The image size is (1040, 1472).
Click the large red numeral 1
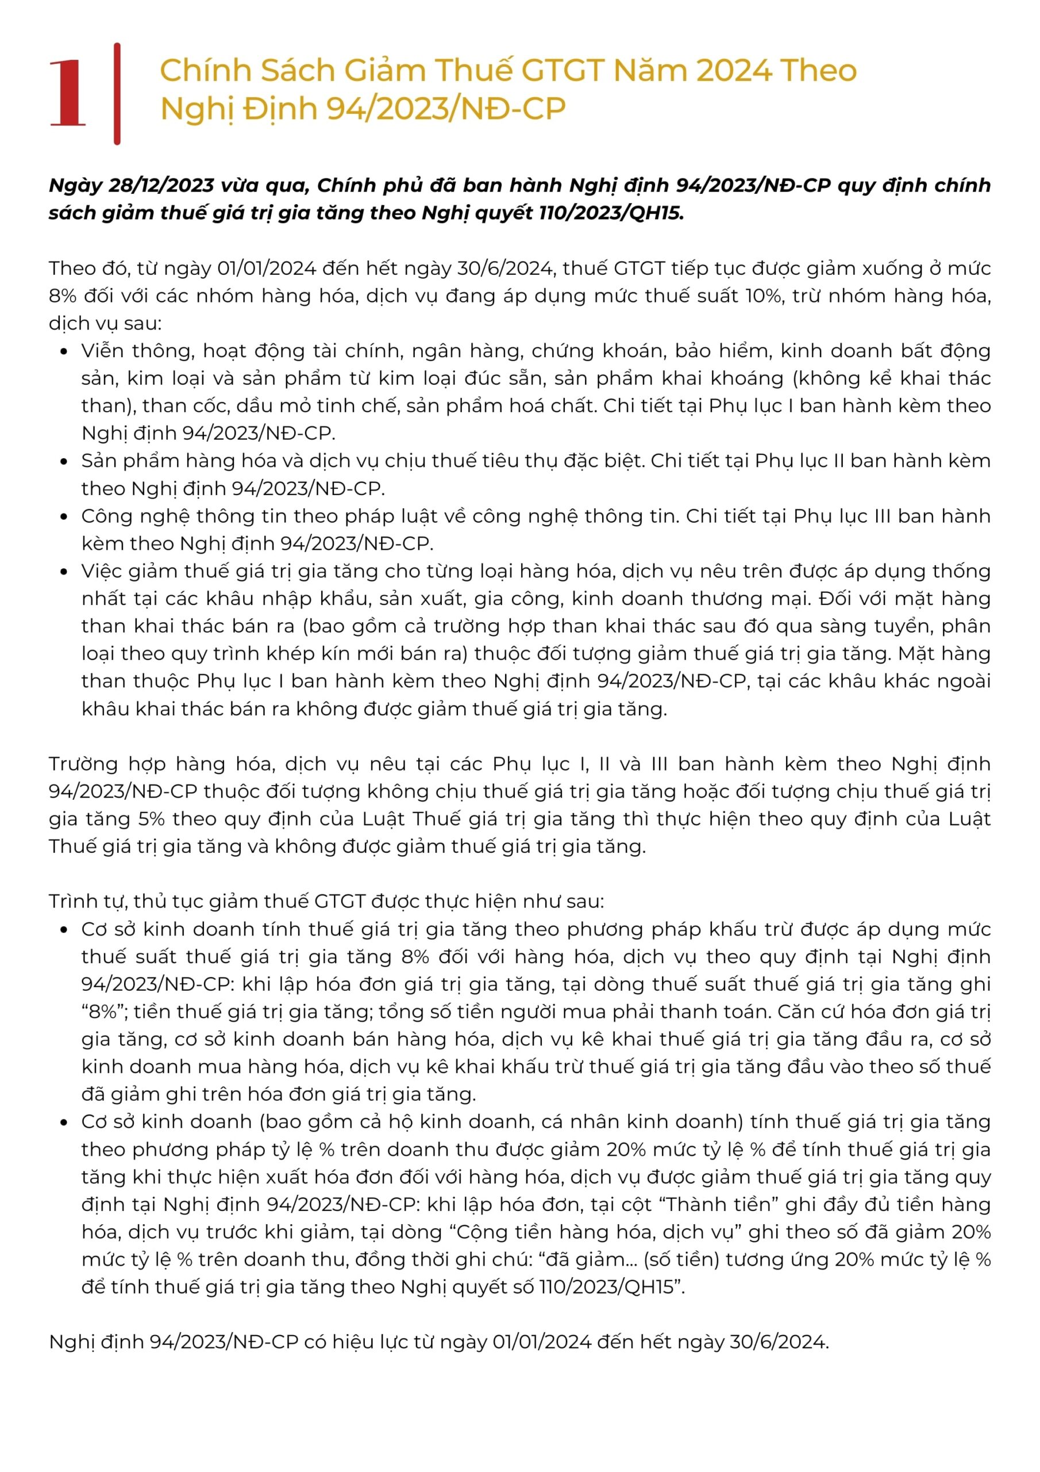click(67, 93)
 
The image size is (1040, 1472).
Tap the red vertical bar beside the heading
click(117, 94)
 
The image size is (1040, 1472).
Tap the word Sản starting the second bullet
click(99, 461)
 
